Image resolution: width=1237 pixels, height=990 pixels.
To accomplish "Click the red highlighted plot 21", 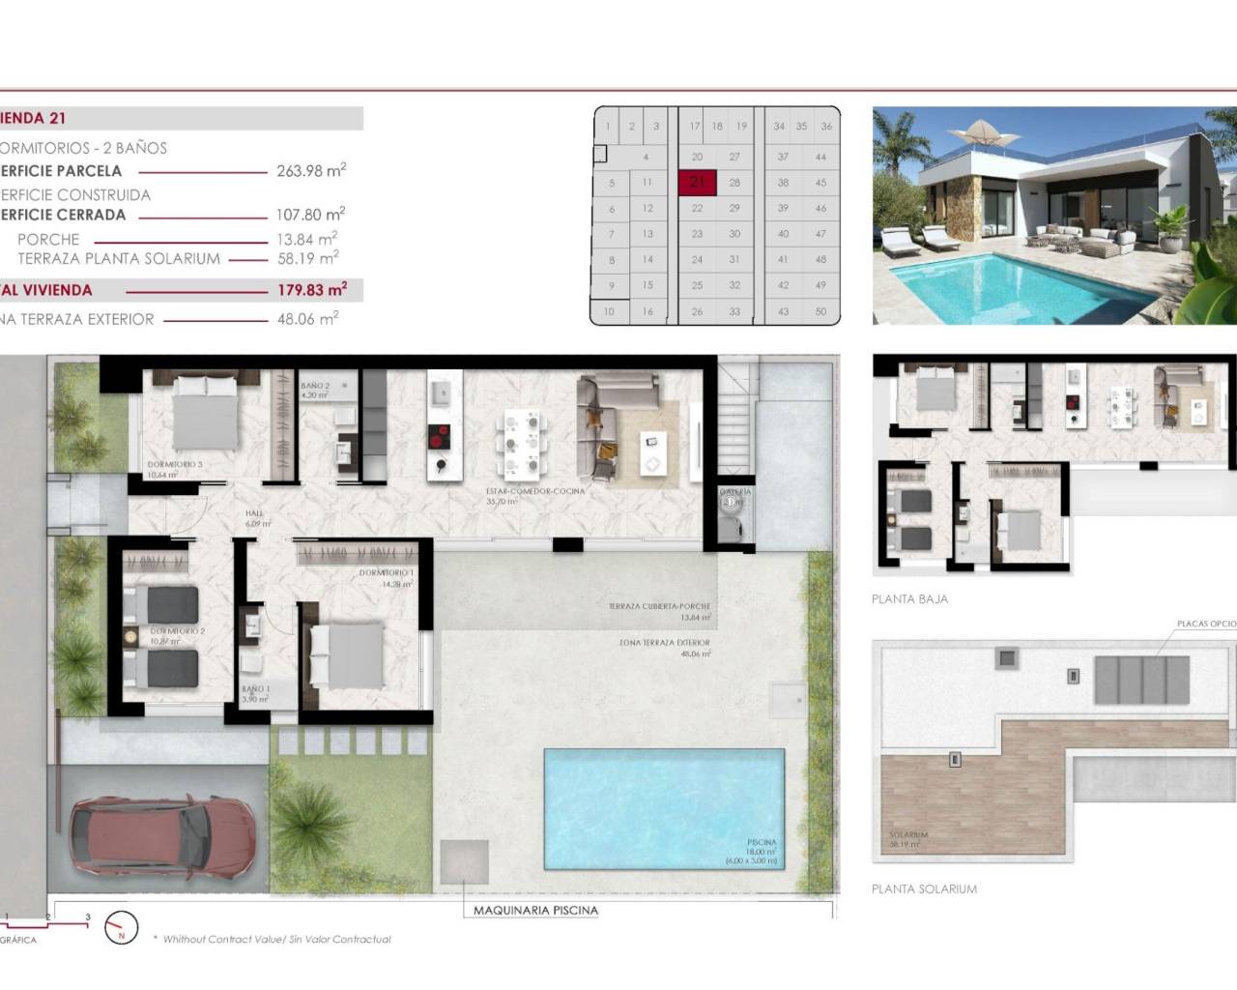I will click(698, 182).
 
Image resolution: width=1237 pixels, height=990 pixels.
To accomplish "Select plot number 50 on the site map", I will click(820, 311).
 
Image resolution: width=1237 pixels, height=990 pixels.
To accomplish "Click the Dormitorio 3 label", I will click(176, 465).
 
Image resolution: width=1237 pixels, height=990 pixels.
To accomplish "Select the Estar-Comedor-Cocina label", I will click(536, 491).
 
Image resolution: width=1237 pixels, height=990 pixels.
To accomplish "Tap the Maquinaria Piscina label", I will click(535, 910).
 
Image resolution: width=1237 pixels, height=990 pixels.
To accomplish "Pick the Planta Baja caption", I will click(909, 598).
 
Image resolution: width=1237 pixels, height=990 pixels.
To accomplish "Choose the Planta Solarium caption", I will click(924, 888).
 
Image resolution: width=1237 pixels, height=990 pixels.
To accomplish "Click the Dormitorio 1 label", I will click(387, 573).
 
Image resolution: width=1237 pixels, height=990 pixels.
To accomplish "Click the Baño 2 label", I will click(315, 386).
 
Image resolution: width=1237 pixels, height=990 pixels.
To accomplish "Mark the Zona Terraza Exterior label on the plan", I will click(665, 642).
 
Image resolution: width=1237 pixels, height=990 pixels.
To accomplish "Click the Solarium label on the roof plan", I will click(907, 834).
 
